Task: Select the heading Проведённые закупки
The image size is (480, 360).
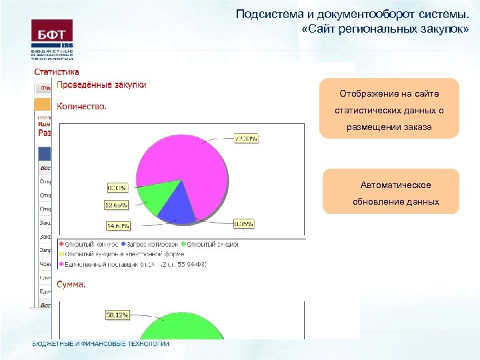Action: coord(102,85)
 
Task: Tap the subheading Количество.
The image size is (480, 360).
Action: coord(82,105)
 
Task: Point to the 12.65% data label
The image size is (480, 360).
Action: coord(115,204)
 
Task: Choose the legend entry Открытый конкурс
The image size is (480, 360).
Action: coord(89,245)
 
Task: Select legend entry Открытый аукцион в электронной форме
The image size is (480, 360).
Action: coord(123,254)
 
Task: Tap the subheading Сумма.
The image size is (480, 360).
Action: coord(71,284)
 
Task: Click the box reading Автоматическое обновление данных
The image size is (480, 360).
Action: coord(391,192)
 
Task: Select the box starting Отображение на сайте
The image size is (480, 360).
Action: coord(389,109)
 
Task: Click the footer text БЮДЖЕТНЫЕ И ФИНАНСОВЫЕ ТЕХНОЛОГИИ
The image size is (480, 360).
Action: coord(101,344)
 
